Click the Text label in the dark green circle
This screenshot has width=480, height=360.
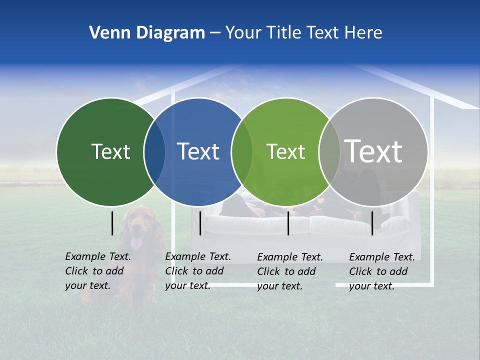[x=110, y=151]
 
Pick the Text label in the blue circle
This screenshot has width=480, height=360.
[x=198, y=151]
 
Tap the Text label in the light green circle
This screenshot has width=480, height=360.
[x=285, y=151]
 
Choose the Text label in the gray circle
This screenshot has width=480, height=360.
[x=373, y=151]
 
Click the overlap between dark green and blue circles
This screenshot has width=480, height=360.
[x=154, y=152]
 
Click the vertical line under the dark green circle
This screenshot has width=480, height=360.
[x=112, y=223]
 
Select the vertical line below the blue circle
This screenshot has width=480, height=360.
[x=200, y=223]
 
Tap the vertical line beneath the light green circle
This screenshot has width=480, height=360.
[x=288, y=223]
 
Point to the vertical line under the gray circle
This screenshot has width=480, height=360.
[x=372, y=223]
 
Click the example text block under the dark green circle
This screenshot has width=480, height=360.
[x=98, y=271]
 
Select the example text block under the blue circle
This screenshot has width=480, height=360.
[x=198, y=271]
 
